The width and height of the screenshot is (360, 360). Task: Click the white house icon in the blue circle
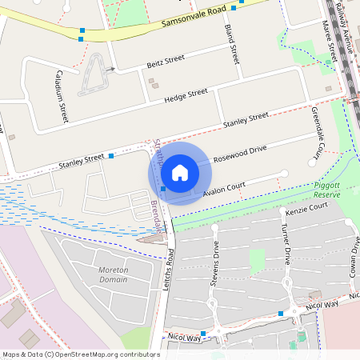180,173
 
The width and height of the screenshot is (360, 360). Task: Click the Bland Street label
232,45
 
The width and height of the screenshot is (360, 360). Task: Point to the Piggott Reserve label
326,190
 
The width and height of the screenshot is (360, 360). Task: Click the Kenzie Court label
307,210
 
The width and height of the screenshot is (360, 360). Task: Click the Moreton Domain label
114,277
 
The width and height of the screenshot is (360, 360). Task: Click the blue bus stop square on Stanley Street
111,155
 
